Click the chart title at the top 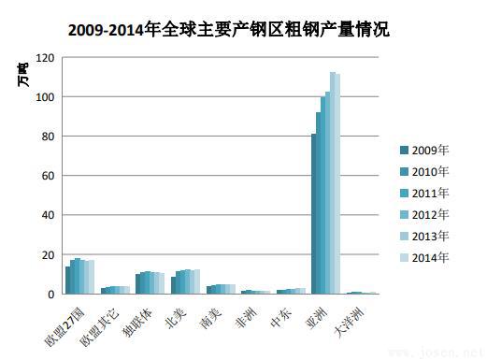point(229,29)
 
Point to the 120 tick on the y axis point(45,58)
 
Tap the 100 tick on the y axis point(45,97)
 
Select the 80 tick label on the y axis point(48,137)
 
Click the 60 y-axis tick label point(48,176)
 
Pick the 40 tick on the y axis point(48,215)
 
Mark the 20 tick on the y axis point(48,254)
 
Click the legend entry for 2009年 point(430,151)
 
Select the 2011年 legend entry point(430,194)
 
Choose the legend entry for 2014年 point(430,257)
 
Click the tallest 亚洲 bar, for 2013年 point(332,182)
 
